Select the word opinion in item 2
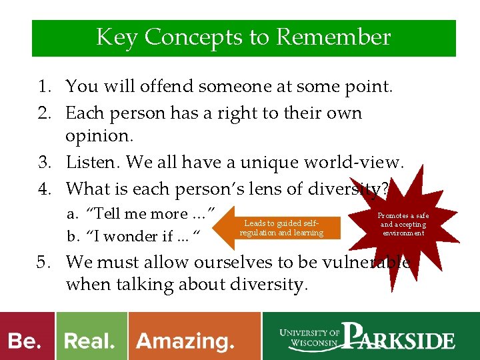tap(99, 135)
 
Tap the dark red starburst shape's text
tap(403, 225)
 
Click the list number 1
tap(44, 86)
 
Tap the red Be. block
tap(26, 341)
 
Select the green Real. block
tap(90, 341)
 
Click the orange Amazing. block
tap(186, 341)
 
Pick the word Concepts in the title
tap(194, 37)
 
